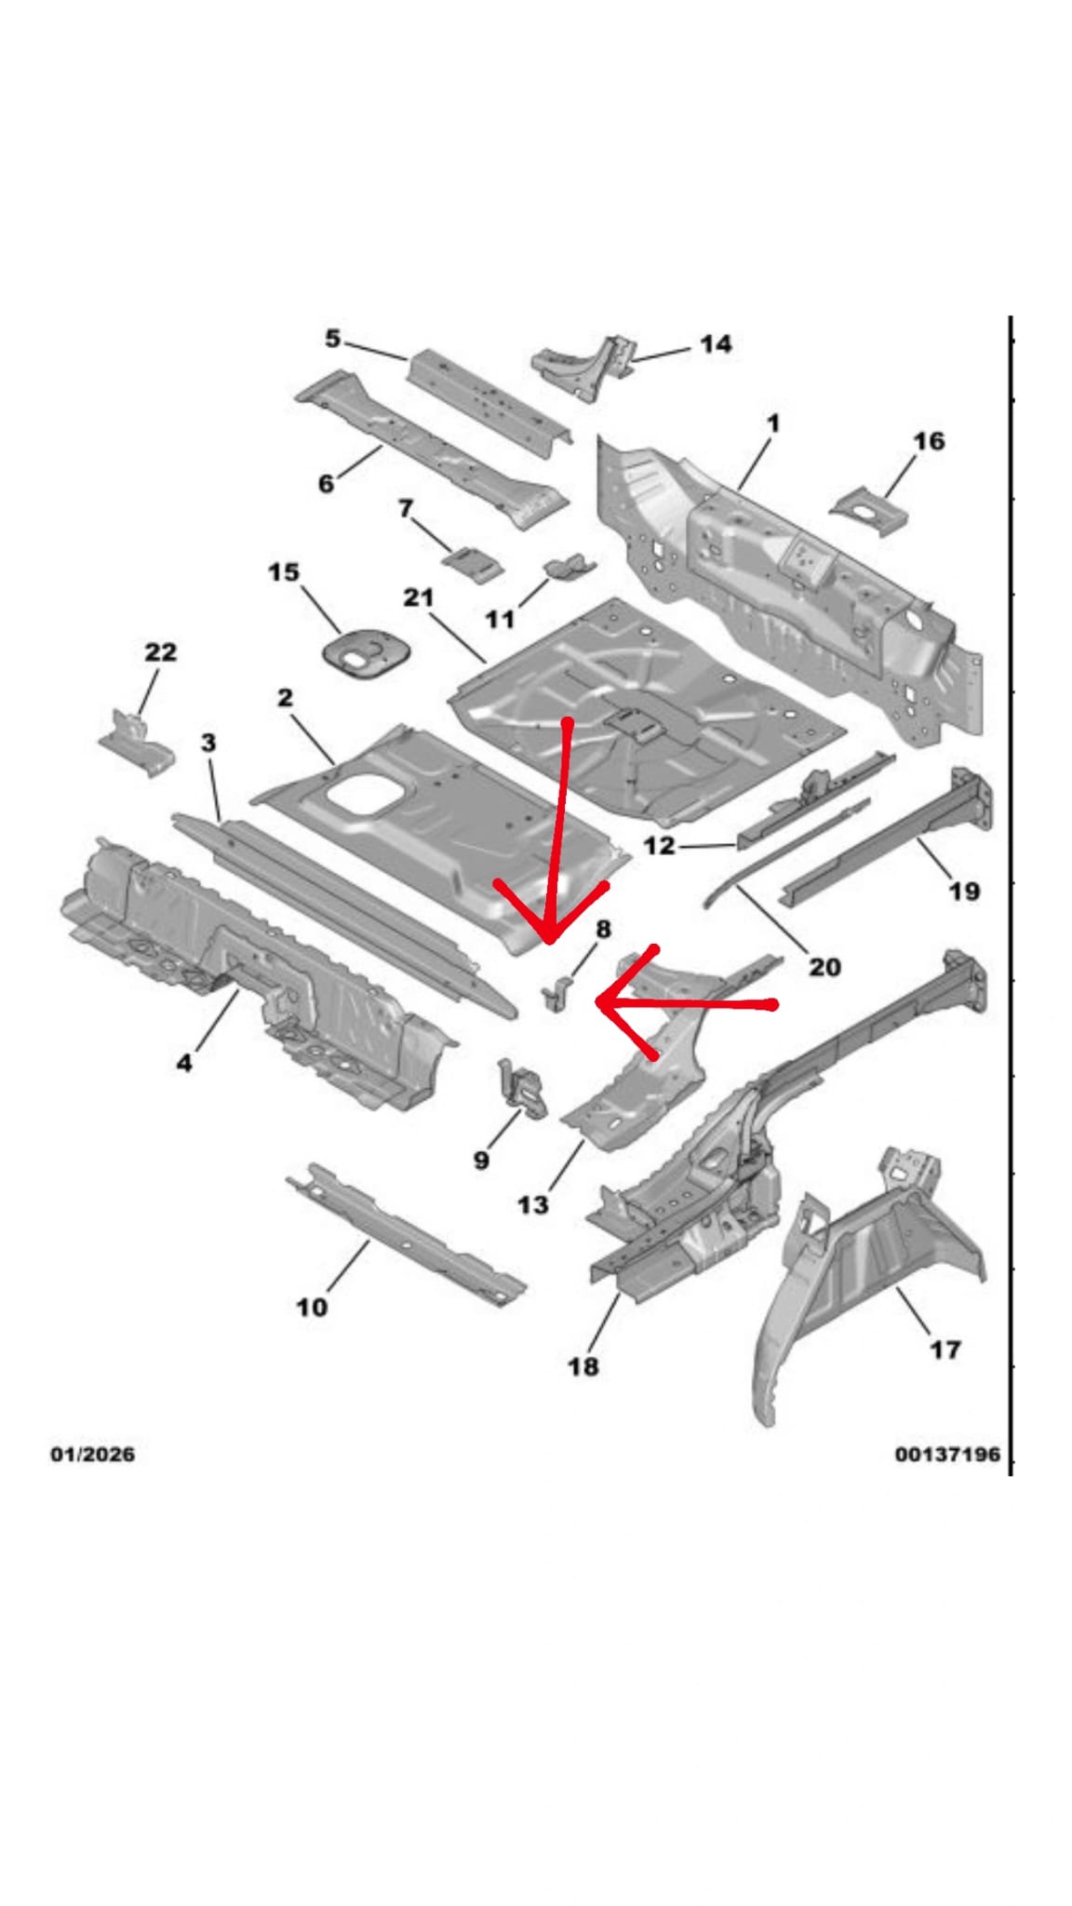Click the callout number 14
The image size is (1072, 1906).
click(715, 344)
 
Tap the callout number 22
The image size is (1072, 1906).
click(160, 651)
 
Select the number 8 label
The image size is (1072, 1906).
click(603, 928)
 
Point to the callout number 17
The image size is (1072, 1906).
click(945, 1349)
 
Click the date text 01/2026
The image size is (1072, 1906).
click(92, 1454)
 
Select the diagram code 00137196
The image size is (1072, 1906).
click(947, 1454)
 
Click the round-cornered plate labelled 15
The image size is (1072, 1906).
click(361, 651)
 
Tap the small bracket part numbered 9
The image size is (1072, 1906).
click(522, 1088)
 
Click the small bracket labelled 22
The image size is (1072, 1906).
click(137, 743)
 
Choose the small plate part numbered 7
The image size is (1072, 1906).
click(473, 563)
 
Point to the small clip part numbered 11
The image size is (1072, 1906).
click(569, 566)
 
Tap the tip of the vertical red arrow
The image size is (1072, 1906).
click(550, 941)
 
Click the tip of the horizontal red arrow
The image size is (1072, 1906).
click(597, 1003)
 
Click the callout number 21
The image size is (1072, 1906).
click(418, 597)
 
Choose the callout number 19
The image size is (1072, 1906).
click(963, 891)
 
